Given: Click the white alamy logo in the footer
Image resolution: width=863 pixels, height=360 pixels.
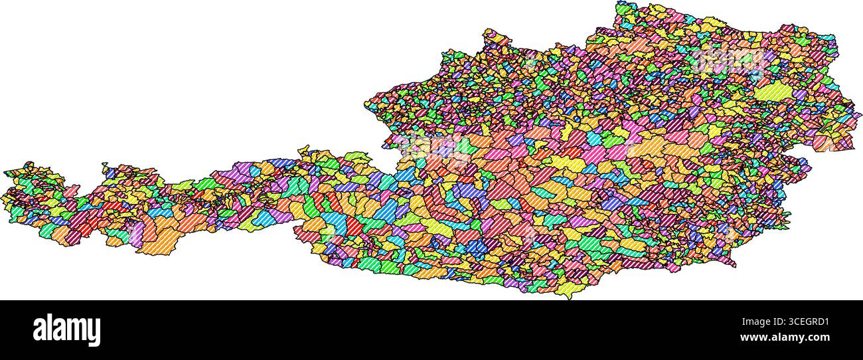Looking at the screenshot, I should [x=66, y=330].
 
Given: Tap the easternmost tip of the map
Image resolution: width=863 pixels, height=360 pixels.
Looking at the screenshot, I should [x=860, y=114].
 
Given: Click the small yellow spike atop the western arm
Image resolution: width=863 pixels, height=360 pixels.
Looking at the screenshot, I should [x=104, y=164].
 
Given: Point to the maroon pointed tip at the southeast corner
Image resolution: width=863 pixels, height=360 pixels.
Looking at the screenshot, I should [x=734, y=265].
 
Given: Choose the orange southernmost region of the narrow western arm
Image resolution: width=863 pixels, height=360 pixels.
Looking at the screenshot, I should [x=156, y=242].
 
